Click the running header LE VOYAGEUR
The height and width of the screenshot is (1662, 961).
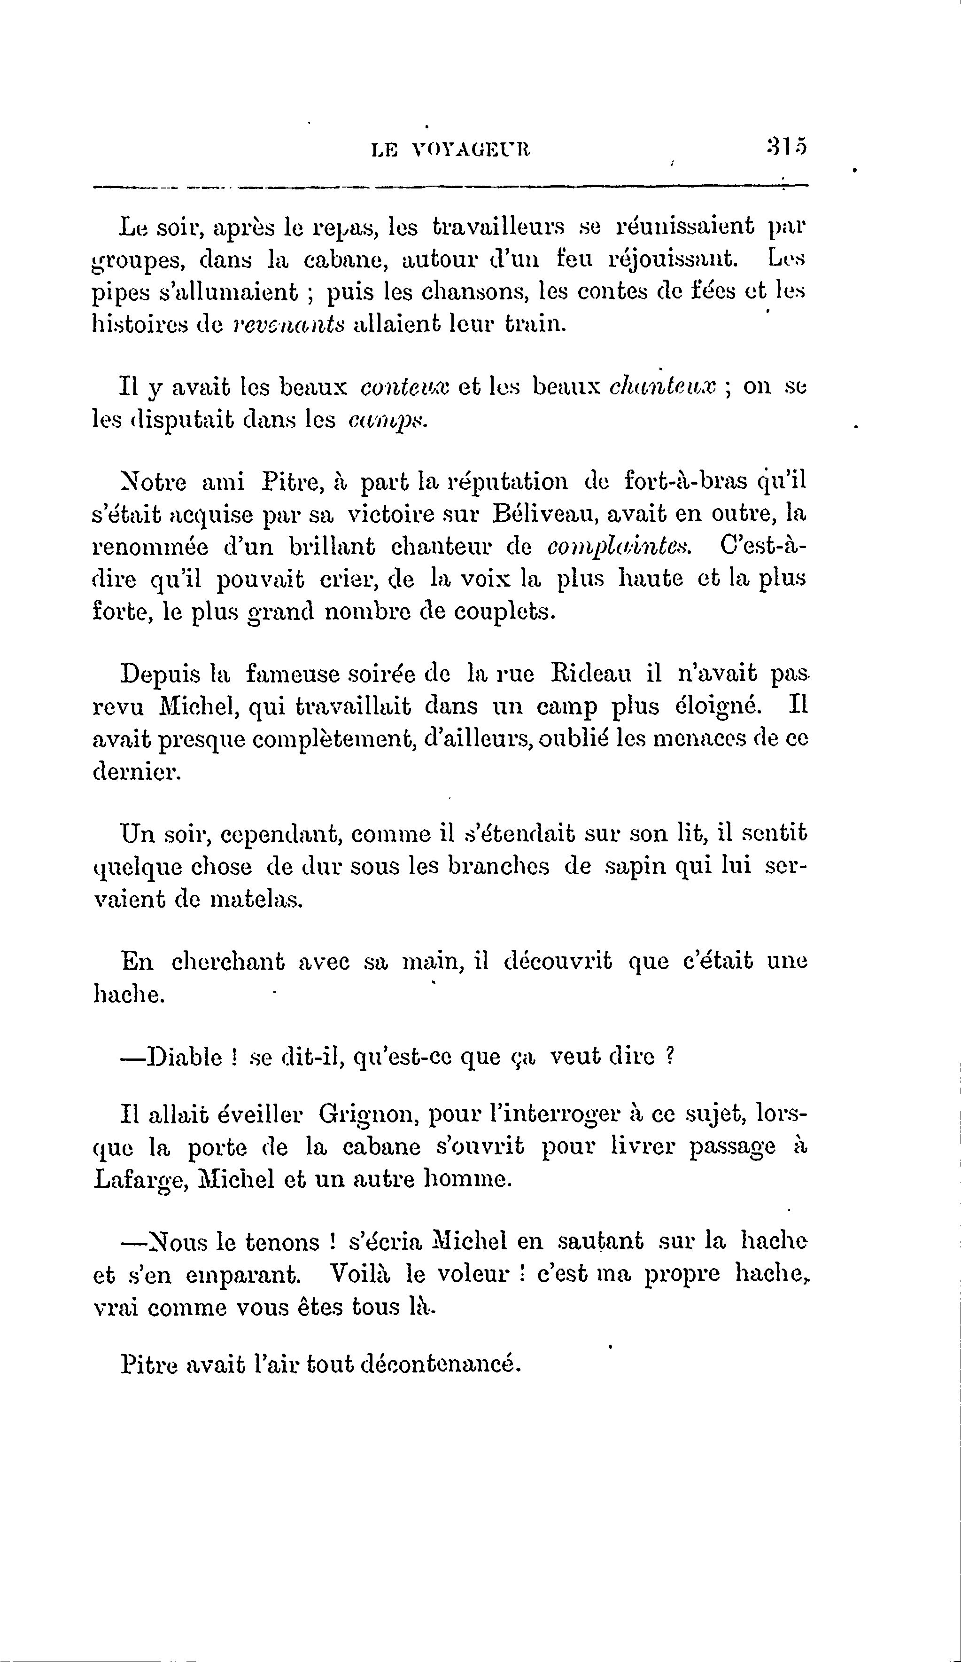pyautogui.click(x=451, y=150)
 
